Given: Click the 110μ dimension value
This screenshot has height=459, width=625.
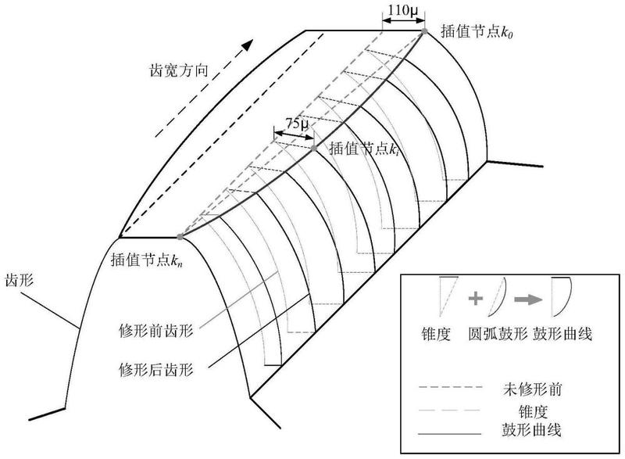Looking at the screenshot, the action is pyautogui.click(x=403, y=10).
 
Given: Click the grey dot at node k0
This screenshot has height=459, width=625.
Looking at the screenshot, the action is pyautogui.click(x=425, y=30).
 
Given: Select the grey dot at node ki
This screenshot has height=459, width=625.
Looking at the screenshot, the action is pyautogui.click(x=314, y=149).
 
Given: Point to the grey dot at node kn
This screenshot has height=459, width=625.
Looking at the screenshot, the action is pyautogui.click(x=180, y=237).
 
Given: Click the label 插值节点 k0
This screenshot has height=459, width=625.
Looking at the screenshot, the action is pyautogui.click(x=477, y=31).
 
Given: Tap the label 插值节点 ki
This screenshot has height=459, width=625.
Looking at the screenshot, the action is pyautogui.click(x=364, y=149).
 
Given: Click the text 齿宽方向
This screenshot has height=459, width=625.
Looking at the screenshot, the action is pyautogui.click(x=179, y=70).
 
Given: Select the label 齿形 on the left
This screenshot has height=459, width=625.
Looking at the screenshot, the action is pyautogui.click(x=19, y=280).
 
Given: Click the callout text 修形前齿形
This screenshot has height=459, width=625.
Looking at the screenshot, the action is pyautogui.click(x=155, y=331).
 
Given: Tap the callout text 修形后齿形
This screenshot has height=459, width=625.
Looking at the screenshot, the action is pyautogui.click(x=155, y=370).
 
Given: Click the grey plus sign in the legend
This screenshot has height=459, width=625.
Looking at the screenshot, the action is pyautogui.click(x=476, y=298).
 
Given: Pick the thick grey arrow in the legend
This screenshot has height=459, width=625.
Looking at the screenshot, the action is pyautogui.click(x=529, y=299).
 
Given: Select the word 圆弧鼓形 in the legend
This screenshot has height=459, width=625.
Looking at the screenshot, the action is pyautogui.click(x=498, y=334).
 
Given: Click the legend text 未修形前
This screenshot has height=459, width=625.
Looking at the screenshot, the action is pyautogui.click(x=533, y=389).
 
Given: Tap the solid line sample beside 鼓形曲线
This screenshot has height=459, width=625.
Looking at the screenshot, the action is pyautogui.click(x=450, y=433).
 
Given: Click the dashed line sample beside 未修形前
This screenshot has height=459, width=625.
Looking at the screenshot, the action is pyautogui.click(x=451, y=387).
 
